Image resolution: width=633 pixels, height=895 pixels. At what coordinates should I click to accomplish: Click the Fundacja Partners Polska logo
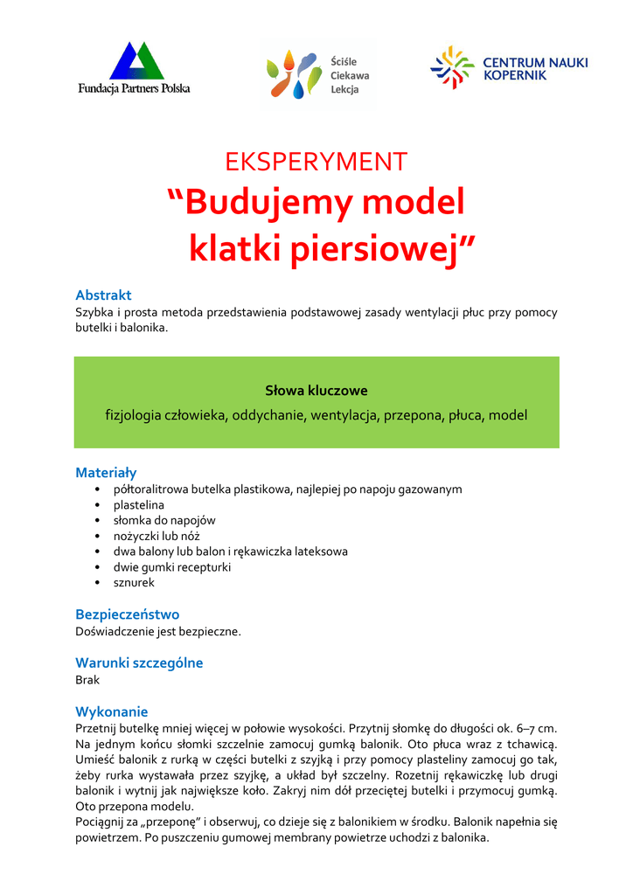(x=134, y=68)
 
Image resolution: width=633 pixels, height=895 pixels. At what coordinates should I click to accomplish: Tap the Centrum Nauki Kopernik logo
(x=509, y=68)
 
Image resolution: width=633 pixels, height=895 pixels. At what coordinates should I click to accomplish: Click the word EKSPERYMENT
(x=316, y=162)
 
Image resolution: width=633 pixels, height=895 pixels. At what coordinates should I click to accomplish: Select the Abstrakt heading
(x=103, y=295)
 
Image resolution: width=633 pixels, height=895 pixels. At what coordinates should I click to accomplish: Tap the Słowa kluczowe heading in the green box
(x=316, y=391)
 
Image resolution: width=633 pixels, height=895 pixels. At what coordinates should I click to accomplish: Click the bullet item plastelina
(x=138, y=505)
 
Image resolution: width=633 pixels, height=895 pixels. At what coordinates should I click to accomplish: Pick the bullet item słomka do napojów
(x=164, y=520)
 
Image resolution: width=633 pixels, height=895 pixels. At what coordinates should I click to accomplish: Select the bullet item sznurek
(x=134, y=583)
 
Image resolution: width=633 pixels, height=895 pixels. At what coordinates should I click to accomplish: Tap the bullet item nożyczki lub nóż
(x=159, y=536)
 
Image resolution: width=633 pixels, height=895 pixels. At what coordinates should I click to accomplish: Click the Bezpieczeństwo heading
(x=128, y=614)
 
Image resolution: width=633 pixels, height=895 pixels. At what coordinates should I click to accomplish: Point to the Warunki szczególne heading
(x=139, y=663)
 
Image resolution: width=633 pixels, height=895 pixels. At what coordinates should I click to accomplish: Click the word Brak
(x=87, y=679)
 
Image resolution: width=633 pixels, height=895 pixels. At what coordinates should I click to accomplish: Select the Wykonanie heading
(x=112, y=711)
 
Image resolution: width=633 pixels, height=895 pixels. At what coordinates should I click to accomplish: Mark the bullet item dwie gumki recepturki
(x=172, y=567)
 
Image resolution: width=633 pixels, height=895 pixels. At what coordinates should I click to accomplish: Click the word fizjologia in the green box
(x=132, y=415)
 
